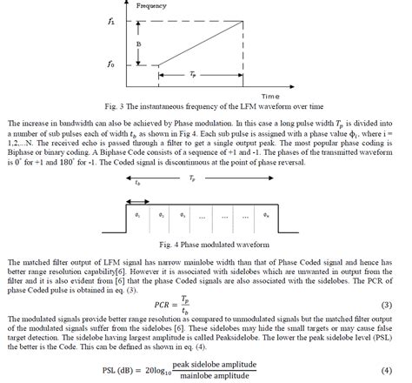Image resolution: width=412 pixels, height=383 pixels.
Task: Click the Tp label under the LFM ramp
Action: point(192,76)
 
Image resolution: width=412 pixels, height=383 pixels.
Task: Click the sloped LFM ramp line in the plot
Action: point(193,41)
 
